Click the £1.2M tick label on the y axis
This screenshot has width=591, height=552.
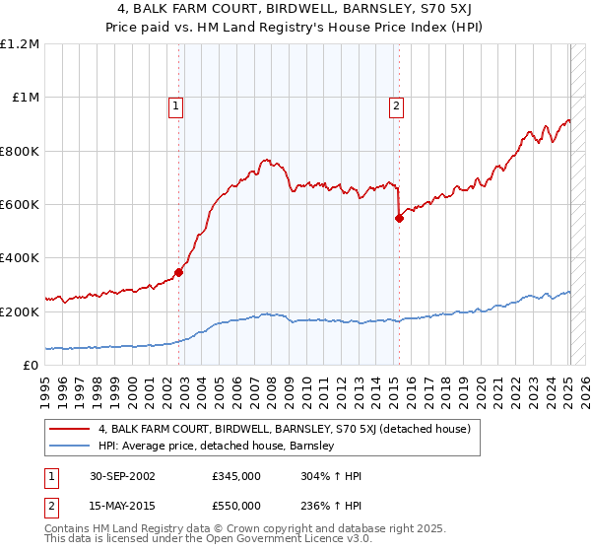point(20,44)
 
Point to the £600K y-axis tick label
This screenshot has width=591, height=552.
point(20,205)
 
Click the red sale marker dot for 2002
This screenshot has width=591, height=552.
point(179,272)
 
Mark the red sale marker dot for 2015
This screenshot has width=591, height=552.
point(399,218)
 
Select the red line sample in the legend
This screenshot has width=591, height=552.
point(70,429)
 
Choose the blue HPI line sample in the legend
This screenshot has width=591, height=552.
point(70,446)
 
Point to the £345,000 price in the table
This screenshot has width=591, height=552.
point(236,476)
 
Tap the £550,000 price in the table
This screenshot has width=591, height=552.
point(236,504)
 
